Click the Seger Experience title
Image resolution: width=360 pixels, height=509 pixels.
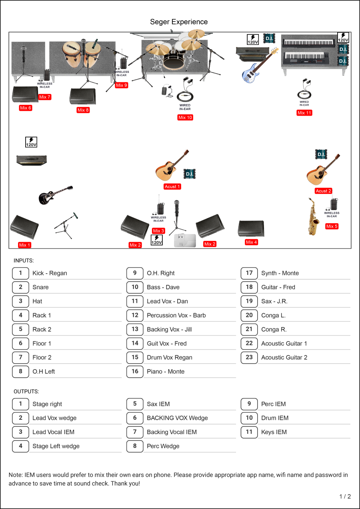click(179, 22)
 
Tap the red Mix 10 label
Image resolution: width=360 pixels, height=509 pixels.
click(185, 118)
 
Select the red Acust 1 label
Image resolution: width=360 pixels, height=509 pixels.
click(172, 186)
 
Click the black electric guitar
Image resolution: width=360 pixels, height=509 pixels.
click(56, 195)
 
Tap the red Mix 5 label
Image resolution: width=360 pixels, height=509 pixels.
click(332, 226)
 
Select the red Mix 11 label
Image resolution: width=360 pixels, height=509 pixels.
click(304, 113)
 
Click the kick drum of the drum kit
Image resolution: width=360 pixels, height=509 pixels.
click(173, 61)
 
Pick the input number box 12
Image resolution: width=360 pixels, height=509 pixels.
click(135, 315)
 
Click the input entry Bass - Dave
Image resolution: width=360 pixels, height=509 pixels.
click(163, 287)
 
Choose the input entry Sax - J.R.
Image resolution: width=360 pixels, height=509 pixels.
click(274, 301)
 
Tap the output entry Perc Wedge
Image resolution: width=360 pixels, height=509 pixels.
click(163, 446)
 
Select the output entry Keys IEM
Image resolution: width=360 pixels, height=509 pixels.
click(274, 432)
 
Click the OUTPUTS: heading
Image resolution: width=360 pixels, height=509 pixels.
click(26, 391)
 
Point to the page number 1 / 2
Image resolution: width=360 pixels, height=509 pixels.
click(345, 497)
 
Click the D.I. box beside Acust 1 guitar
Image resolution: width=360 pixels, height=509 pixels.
click(190, 174)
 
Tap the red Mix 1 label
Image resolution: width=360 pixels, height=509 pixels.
click(24, 245)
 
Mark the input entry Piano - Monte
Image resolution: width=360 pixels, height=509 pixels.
click(166, 371)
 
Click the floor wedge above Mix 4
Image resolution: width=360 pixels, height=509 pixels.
click(251, 228)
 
